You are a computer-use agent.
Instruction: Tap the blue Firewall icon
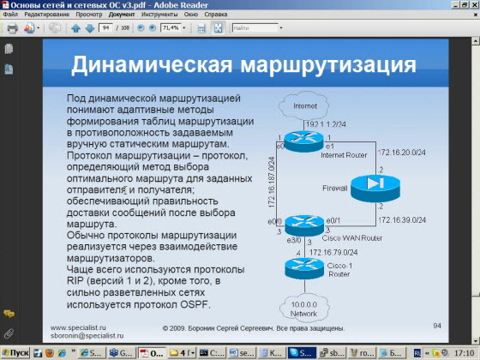coord(370,183)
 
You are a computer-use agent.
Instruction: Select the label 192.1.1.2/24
coord(325,124)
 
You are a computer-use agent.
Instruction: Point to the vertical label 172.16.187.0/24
coord(272,184)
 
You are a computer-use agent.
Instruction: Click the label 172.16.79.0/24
coord(333,253)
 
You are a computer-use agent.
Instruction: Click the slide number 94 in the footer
coord(436,326)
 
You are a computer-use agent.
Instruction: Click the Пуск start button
coord(15,352)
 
